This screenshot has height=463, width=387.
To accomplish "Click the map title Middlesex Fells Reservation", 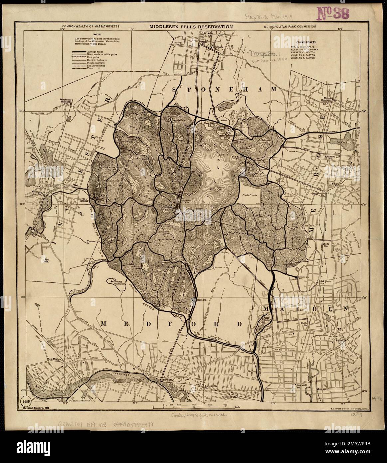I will point(191,26).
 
